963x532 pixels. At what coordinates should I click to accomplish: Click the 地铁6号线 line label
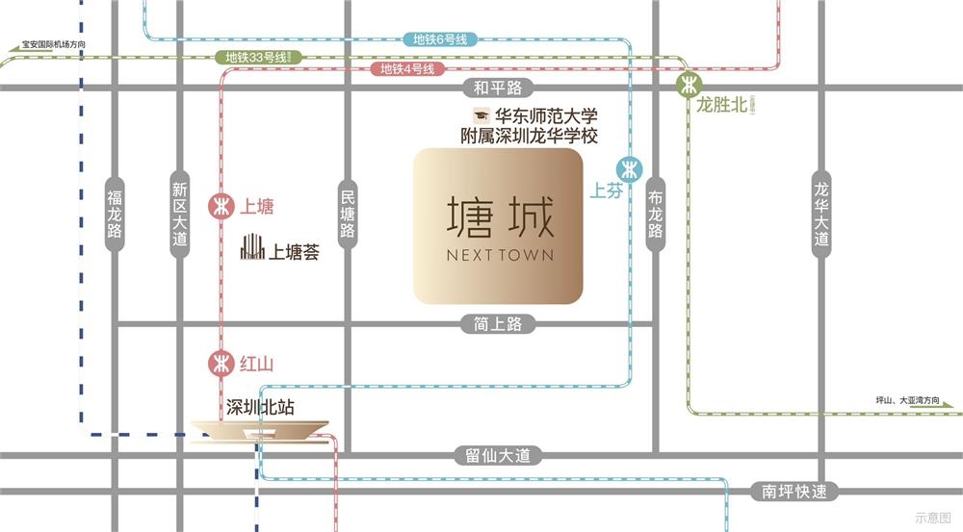[439, 39]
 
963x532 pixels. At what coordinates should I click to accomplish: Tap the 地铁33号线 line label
[257, 57]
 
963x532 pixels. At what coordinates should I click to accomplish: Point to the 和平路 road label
[498, 89]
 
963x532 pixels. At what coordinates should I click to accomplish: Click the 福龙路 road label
[115, 214]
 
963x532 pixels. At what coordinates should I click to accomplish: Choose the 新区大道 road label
[180, 214]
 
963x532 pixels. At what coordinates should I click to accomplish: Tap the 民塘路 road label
[348, 214]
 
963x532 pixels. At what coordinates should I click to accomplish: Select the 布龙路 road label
[656, 214]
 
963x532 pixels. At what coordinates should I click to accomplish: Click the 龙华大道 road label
[820, 214]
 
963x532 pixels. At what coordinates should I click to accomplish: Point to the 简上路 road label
[498, 324]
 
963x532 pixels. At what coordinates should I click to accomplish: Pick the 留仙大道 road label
[498, 456]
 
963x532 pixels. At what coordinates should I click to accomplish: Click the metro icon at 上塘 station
[221, 206]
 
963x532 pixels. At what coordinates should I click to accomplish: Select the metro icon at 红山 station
[221, 364]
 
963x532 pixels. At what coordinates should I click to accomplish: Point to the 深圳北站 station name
[259, 407]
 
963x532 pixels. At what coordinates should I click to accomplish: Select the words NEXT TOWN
[499, 256]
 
